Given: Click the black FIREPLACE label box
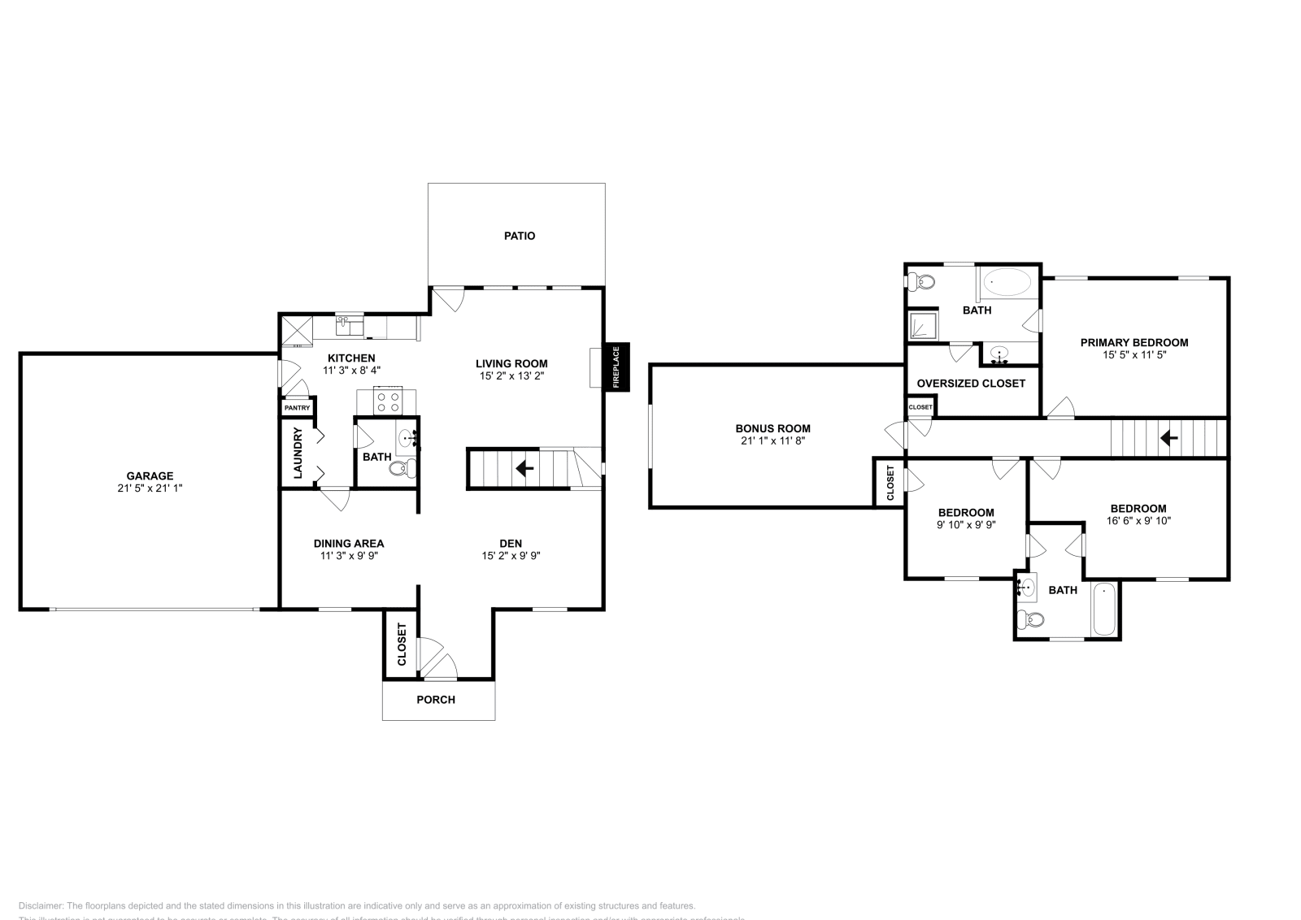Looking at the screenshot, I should coord(616,366).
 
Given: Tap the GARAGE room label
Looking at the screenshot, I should coord(150,476).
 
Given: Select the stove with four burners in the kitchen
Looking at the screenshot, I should coord(388,401).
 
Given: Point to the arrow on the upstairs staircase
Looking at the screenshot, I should coord(1168,438).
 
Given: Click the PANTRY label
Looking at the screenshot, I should coord(298,407).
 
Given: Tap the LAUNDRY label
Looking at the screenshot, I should coord(298,453).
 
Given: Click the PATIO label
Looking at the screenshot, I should coord(520,236).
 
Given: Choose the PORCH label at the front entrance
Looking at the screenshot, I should coord(436,700).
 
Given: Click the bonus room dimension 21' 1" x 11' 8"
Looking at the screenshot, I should coord(772,440).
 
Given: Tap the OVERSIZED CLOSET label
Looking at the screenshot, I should coord(971,384).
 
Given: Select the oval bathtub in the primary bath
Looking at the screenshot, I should coord(1008,283).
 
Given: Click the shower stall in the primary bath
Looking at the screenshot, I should coord(923,326).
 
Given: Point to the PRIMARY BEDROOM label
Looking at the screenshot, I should coord(1133,343).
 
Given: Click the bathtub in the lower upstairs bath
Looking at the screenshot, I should coord(1105,610).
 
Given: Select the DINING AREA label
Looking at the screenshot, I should coord(349,544).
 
